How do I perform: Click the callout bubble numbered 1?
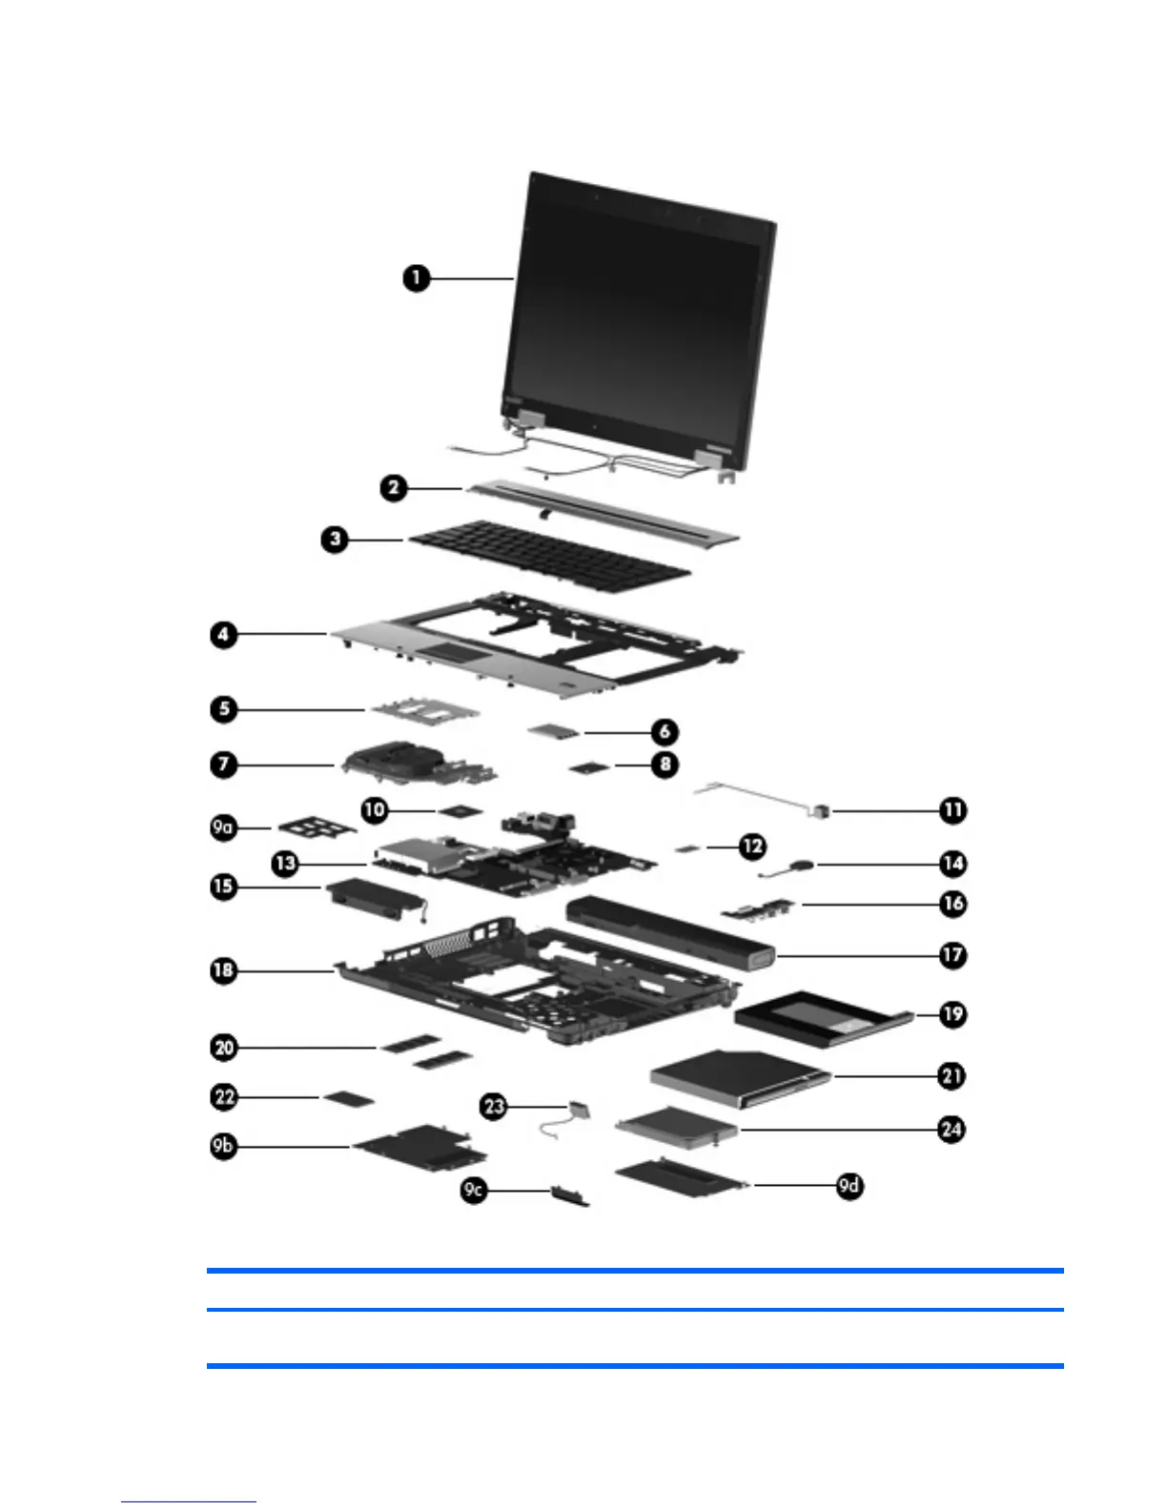click(x=416, y=278)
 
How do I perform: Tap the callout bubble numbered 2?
click(x=393, y=488)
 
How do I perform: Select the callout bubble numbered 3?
click(x=335, y=539)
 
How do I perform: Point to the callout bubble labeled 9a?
click(x=223, y=827)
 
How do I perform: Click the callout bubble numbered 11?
click(x=952, y=810)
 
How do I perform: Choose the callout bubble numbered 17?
click(x=952, y=954)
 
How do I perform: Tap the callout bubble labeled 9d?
click(x=850, y=1186)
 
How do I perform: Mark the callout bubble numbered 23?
click(x=494, y=1107)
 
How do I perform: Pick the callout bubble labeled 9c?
click(x=474, y=1190)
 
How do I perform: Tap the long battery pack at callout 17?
click(x=667, y=930)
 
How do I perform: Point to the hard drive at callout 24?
click(x=677, y=1128)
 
